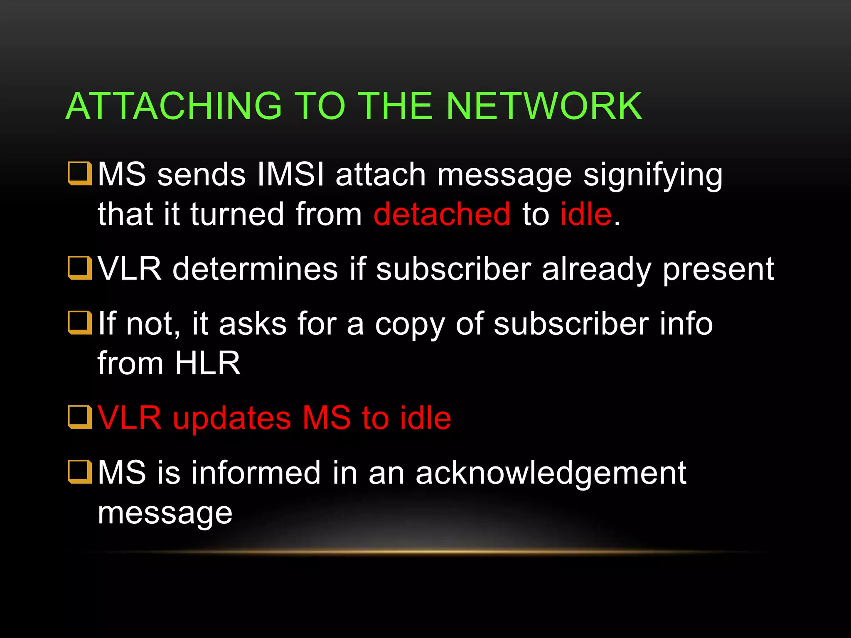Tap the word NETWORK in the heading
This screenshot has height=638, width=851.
[544, 106]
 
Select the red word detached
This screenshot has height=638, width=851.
[442, 214]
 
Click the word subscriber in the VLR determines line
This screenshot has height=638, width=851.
[453, 269]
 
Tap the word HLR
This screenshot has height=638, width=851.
[207, 363]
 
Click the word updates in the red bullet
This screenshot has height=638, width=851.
[232, 418]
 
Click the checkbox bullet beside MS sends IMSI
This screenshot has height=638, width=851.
[80, 174]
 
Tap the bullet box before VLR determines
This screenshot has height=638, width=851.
[80, 268]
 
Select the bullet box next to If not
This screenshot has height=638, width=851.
[80, 323]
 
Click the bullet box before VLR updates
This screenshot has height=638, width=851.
[80, 417]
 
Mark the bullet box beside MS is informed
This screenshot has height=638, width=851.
[80, 472]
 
